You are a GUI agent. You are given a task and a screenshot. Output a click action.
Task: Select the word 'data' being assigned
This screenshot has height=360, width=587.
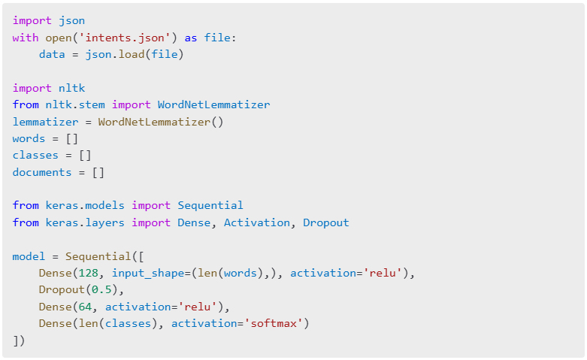pos(52,55)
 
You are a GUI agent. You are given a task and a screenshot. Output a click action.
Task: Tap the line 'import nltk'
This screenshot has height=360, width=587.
pos(49,88)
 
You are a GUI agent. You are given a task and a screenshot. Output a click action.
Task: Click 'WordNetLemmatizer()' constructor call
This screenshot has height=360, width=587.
pos(161,122)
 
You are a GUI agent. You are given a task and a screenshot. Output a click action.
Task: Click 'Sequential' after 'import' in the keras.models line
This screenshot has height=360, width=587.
pos(210,205)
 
